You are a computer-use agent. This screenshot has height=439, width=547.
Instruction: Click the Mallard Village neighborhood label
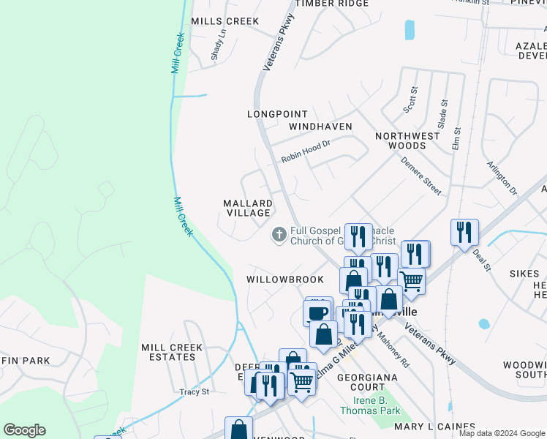(x=247, y=208)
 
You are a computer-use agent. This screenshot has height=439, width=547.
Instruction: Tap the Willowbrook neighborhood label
(x=284, y=279)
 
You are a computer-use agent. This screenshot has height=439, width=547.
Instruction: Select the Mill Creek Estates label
(x=168, y=352)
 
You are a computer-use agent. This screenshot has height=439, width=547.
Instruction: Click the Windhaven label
(x=320, y=127)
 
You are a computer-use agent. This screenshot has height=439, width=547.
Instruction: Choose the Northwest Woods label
(x=407, y=140)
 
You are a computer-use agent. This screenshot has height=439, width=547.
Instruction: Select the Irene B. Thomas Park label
(x=369, y=406)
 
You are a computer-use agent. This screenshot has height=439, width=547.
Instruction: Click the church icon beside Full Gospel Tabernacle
(x=278, y=235)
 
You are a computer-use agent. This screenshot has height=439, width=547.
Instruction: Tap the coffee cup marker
(x=317, y=312)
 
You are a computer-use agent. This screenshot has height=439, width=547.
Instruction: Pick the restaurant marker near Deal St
(x=464, y=233)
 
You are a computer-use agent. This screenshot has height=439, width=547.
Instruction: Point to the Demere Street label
(x=421, y=176)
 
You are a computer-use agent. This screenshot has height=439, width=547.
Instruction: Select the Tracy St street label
(x=195, y=391)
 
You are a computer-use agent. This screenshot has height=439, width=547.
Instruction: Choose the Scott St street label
(x=411, y=100)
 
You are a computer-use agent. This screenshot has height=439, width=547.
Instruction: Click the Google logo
(x=24, y=430)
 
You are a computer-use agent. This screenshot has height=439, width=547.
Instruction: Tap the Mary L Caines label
(x=434, y=427)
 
